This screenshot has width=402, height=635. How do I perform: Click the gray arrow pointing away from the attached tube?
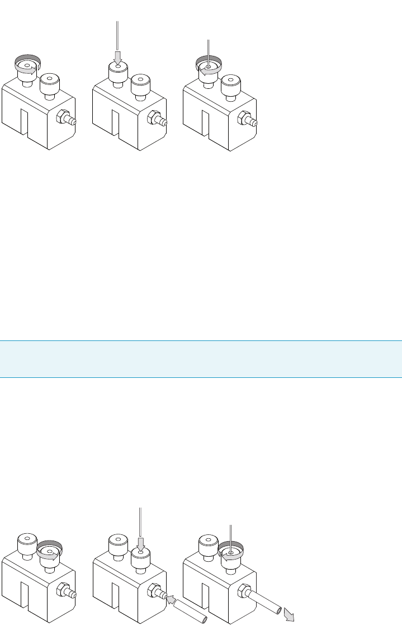coord(289,615)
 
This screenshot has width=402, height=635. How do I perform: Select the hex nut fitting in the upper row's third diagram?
coord(244,119)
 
